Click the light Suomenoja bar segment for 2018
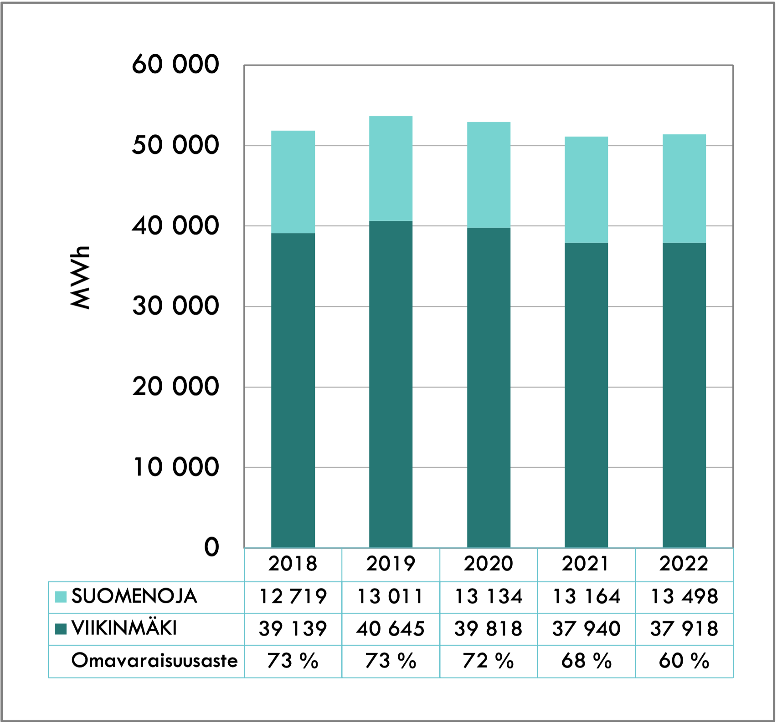[x=293, y=182]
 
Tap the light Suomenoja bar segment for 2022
[x=684, y=189]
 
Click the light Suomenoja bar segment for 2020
[x=489, y=175]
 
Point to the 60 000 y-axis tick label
[x=175, y=64]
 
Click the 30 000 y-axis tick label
[x=175, y=306]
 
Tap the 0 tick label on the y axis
[x=211, y=547]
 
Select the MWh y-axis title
[x=81, y=277]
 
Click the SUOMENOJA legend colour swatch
[x=61, y=597]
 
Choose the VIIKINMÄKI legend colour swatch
[x=61, y=629]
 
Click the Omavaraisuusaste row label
[x=154, y=661]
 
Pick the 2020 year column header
[x=489, y=564]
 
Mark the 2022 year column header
[x=684, y=564]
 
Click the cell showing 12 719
[x=293, y=597]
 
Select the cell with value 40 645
[x=391, y=629]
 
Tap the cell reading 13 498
[x=684, y=597]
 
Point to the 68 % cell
[x=586, y=661]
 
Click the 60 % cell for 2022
[x=684, y=661]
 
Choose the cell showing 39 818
[x=489, y=629]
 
